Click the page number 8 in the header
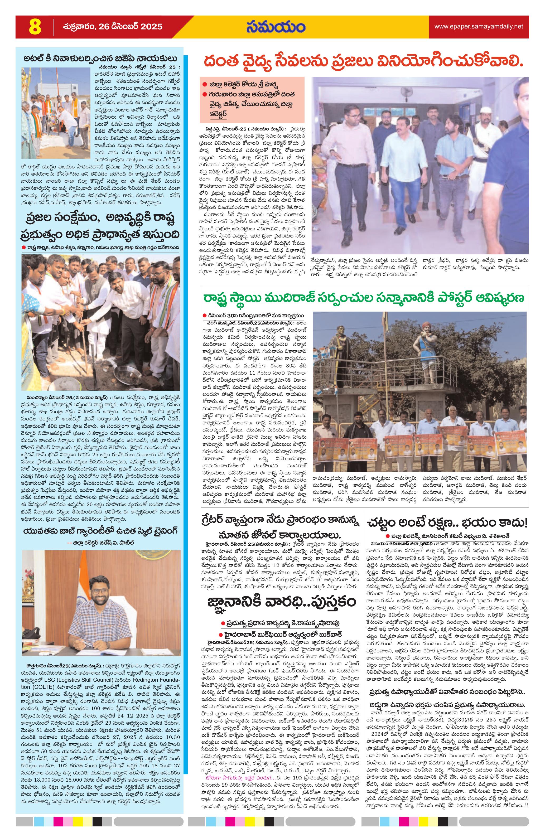tap(35, 27)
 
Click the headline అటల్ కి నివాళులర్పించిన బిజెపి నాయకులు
tap(100, 59)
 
